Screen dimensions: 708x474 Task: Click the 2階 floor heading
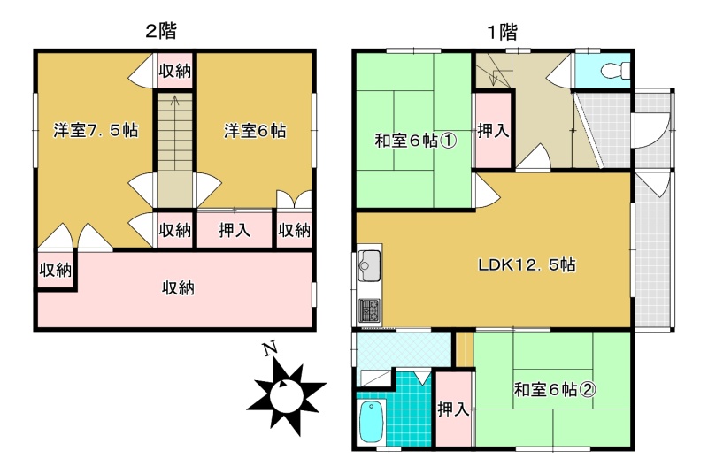point(161,31)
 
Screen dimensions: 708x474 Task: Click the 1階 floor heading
point(502,32)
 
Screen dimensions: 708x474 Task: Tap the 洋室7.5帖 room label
point(96,130)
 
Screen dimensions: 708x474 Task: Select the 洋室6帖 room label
point(255,131)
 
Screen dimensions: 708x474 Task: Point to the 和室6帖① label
point(416,141)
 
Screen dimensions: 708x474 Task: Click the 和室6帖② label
point(555,389)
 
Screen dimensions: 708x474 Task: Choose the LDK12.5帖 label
point(527,264)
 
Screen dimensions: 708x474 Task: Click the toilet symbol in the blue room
point(615,70)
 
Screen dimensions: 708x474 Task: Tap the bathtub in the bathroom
point(372,422)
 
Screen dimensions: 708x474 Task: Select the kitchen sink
point(369,265)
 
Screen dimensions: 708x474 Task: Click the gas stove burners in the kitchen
point(369,310)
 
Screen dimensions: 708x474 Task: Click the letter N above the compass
point(271,349)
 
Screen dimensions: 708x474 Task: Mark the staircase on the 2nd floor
point(174,149)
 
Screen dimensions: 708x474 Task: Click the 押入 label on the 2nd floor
point(234,230)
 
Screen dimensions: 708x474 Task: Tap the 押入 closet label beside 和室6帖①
point(493,131)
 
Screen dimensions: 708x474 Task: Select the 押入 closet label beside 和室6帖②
point(453,409)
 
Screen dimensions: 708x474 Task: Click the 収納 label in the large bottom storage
point(178,287)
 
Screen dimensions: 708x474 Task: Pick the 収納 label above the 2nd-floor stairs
point(174,71)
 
